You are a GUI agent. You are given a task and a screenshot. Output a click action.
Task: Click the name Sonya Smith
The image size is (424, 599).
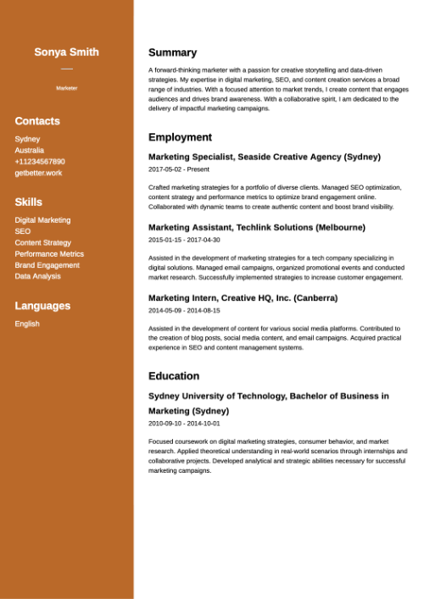66,52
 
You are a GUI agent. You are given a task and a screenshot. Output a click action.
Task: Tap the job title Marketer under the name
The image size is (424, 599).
66,88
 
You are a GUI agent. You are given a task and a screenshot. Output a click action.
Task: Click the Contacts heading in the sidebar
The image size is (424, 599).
37,121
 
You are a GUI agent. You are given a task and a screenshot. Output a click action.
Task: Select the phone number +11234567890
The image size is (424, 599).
40,162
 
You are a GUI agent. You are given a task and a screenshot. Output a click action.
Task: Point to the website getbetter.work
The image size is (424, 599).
38,173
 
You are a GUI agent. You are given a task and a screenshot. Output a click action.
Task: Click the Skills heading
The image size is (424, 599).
28,202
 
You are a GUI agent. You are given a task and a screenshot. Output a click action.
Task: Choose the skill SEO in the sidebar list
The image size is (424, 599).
22,231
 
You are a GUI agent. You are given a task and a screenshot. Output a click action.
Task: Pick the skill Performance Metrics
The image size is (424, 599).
49,253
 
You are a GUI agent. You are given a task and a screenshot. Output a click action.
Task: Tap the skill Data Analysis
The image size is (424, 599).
37,276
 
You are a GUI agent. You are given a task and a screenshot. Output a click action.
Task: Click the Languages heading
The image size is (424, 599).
42,306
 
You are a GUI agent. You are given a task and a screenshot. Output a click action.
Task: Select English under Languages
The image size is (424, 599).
26,324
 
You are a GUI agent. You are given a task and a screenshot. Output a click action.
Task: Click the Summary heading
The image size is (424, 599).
172,53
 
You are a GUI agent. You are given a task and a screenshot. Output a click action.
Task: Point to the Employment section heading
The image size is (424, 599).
180,137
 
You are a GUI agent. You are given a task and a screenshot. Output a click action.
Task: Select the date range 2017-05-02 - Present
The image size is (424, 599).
178,169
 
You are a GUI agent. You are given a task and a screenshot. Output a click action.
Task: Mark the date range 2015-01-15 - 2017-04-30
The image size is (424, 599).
184,240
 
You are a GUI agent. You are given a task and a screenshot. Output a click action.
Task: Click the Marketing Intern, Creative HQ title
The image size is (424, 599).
243,297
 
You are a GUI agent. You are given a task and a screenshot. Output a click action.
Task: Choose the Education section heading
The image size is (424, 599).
174,376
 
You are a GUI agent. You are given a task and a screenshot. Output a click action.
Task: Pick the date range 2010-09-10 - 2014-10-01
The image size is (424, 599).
184,423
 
